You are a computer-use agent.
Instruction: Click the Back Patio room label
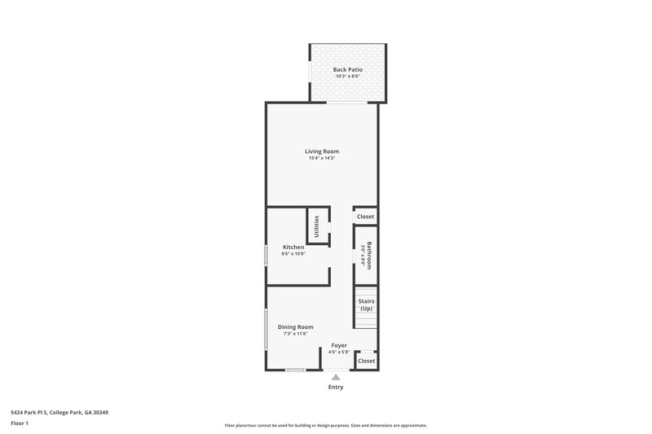(347, 69)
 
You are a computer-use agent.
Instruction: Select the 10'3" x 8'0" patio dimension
(347, 77)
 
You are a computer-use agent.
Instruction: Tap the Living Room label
(322, 151)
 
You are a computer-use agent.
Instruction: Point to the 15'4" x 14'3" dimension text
(322, 158)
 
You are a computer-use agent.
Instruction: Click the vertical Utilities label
(317, 226)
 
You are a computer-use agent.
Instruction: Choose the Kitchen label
(293, 247)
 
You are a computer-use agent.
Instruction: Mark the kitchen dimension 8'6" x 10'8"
(293, 254)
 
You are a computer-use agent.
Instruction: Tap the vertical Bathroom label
(369, 255)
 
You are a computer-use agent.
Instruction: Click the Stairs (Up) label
(366, 305)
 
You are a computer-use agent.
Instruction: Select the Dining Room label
(295, 327)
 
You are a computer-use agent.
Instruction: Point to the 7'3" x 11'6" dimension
(295, 334)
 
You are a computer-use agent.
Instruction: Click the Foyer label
(339, 345)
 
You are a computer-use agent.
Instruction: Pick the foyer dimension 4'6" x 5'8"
(339, 353)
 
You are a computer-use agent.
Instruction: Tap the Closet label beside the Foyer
(366, 360)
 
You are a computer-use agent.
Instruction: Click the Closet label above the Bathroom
(365, 217)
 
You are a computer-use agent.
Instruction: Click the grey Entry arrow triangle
(336, 377)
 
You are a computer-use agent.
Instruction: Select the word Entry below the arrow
(336, 388)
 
